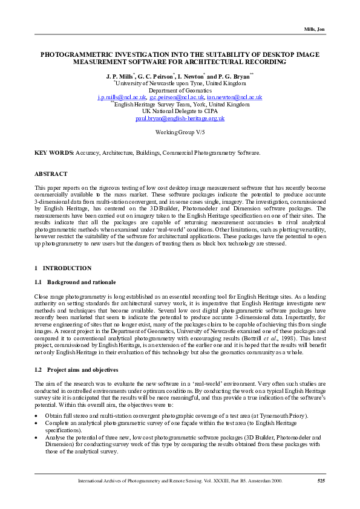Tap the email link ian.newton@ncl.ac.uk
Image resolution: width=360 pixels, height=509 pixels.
234,97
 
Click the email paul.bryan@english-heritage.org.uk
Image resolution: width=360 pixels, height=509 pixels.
180,118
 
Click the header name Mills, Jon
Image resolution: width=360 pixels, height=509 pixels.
313,30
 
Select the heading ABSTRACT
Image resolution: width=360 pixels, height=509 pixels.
51,174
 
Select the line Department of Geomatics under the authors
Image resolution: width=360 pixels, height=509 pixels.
180,89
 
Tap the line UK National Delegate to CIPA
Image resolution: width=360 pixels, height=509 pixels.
180,111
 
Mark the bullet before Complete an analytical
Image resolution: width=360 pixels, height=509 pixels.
37,425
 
